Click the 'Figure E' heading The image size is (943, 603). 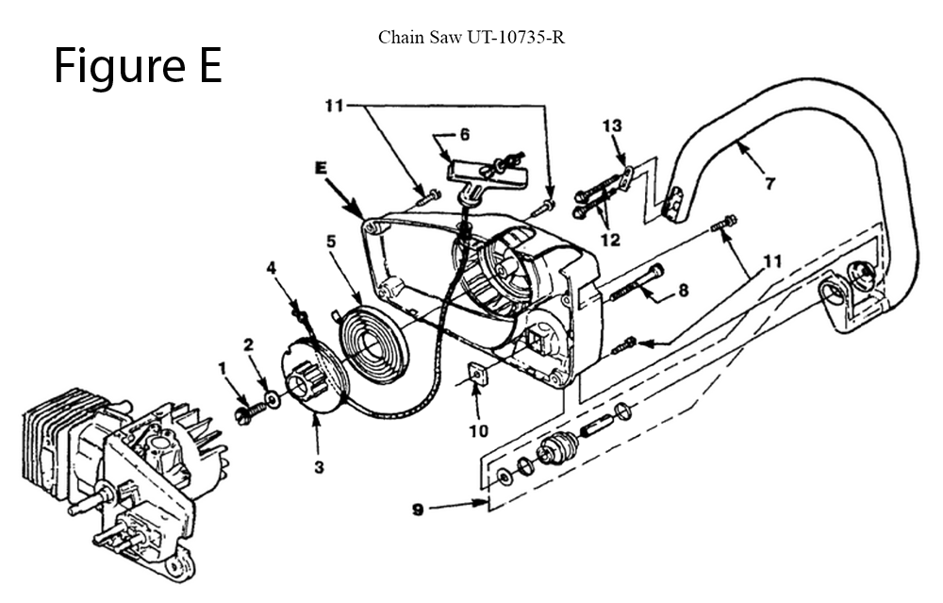tap(138, 66)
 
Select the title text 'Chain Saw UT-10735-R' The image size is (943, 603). tap(471, 38)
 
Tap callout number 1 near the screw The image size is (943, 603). tap(223, 366)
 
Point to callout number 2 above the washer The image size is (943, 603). tap(249, 345)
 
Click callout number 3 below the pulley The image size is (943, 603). tap(319, 468)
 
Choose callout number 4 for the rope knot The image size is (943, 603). tap(272, 268)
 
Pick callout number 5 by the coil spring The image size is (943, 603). tap(331, 241)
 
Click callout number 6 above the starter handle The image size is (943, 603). tap(464, 135)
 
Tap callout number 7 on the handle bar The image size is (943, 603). tap(770, 184)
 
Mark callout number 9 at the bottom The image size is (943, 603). tap(417, 511)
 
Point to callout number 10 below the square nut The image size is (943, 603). tap(480, 430)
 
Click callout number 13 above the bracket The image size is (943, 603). tap(612, 126)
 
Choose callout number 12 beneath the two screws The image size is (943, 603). tap(610, 240)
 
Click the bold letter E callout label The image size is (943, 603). tap(320, 168)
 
